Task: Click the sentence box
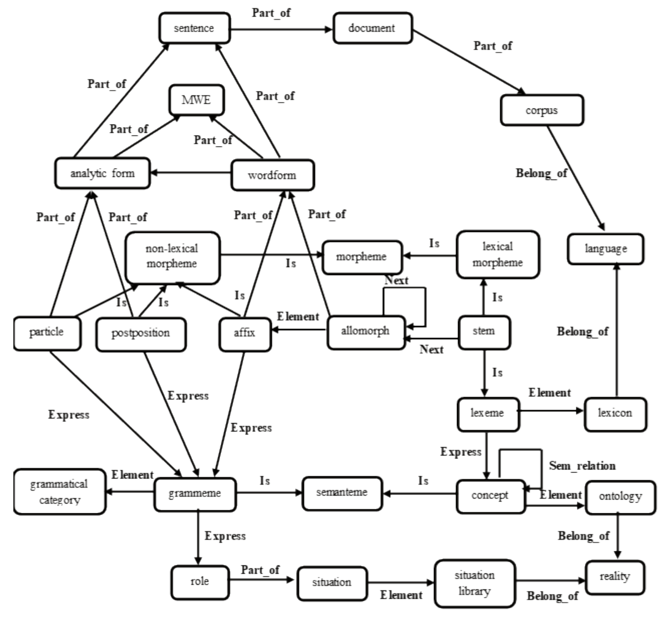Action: pos(194,28)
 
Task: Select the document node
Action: pos(372,28)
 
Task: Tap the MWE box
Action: pos(196,100)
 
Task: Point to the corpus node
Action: pos(541,110)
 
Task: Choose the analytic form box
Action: pos(102,173)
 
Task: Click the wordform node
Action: pos(272,175)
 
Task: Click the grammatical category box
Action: pos(59,492)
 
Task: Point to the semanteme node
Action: pos(342,493)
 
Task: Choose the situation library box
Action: pos(475,583)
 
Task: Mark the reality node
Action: pos(615,577)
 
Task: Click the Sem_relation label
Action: pos(582,466)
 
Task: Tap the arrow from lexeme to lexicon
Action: pos(551,411)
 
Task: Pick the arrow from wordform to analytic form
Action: pos(190,173)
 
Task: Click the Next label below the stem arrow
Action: pos(431,349)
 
